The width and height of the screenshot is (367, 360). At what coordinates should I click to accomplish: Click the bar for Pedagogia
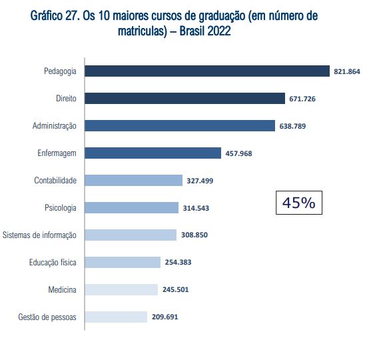point(207,71)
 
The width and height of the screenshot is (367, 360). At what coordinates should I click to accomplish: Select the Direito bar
point(184,99)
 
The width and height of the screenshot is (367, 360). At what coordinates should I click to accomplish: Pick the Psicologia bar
point(131,208)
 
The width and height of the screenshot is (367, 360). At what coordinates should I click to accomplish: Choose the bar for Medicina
point(121,289)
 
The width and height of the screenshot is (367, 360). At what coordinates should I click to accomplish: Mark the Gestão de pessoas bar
point(115,317)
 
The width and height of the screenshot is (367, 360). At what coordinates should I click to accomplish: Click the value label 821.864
point(348,71)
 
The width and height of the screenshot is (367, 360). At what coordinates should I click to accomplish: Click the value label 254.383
point(179,263)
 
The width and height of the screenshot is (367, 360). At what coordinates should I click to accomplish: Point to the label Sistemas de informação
point(39,235)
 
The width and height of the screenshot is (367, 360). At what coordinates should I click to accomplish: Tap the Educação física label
point(53,263)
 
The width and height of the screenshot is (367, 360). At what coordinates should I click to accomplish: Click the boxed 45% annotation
point(298,203)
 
